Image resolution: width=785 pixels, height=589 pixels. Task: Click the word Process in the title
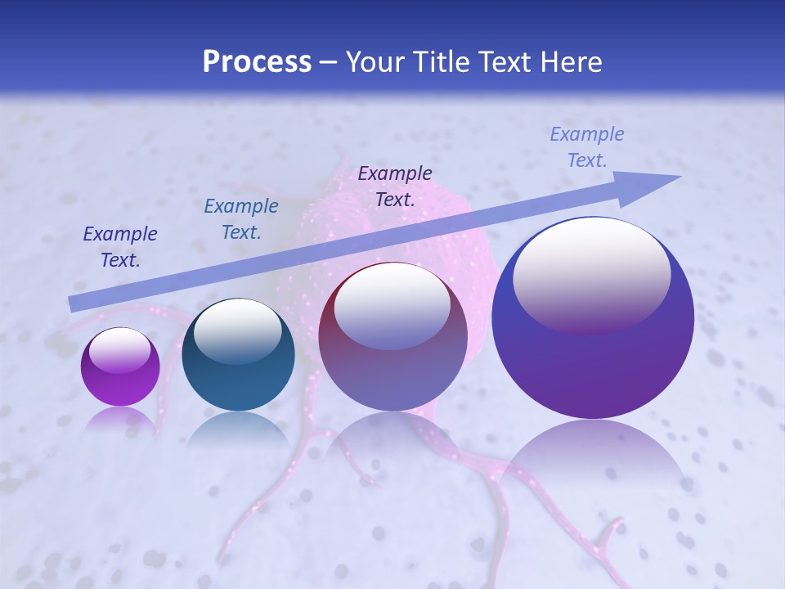pyautogui.click(x=257, y=62)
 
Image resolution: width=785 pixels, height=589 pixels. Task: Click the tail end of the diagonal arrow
pyautogui.click(x=72, y=303)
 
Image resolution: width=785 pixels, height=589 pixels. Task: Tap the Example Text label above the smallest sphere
pyautogui.click(x=120, y=246)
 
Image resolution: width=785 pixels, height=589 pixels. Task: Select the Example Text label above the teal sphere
pyautogui.click(x=241, y=218)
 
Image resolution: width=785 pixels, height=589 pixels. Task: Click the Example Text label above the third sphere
pyautogui.click(x=395, y=186)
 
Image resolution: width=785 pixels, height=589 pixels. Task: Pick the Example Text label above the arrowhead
pyautogui.click(x=587, y=147)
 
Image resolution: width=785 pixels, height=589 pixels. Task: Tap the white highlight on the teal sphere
pyautogui.click(x=238, y=327)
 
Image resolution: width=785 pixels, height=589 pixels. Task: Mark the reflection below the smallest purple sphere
pyautogui.click(x=120, y=419)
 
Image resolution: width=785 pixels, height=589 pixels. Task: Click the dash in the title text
pyautogui.click(x=329, y=62)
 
